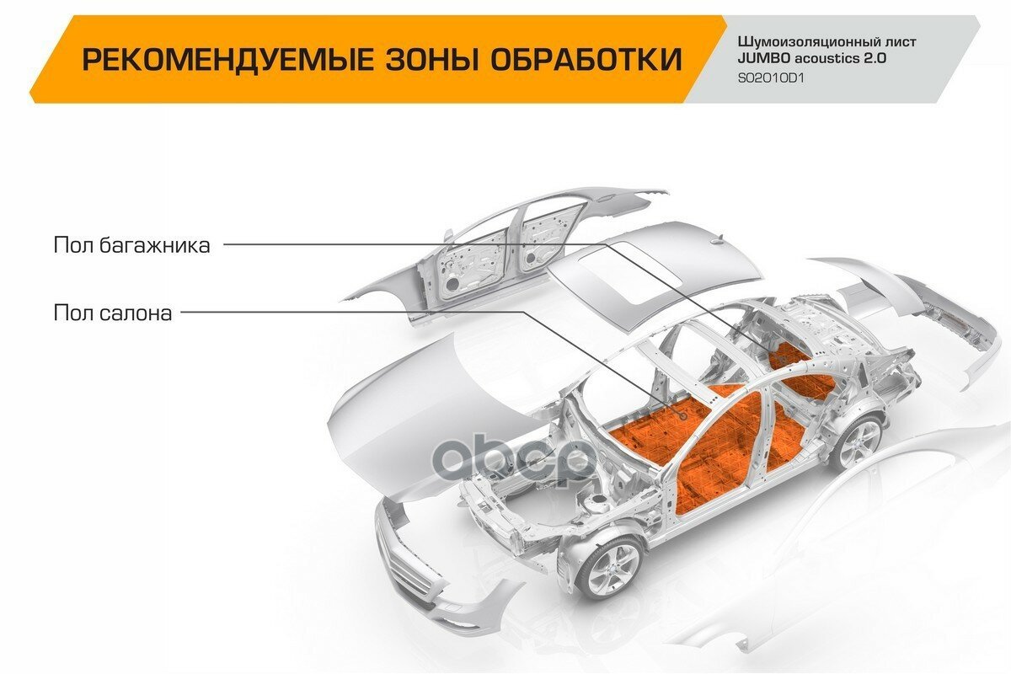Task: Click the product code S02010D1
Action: pyautogui.click(x=772, y=78)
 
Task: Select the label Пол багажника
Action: pyautogui.click(x=131, y=245)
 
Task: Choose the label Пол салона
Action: pyautogui.click(x=113, y=313)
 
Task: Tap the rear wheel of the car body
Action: pyautogui.click(x=859, y=442)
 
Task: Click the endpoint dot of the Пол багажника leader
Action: pyautogui.click(x=781, y=360)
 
